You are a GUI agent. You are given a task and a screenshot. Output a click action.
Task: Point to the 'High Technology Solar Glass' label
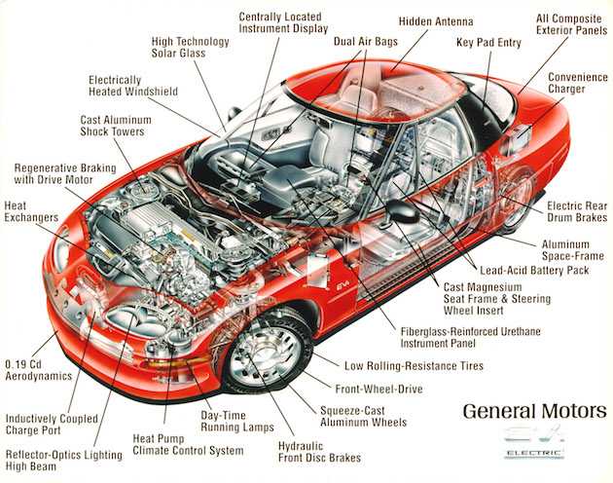(x=190, y=48)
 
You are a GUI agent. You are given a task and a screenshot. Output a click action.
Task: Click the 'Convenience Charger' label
(x=577, y=83)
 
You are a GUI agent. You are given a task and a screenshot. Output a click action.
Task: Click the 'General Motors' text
(x=534, y=410)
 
